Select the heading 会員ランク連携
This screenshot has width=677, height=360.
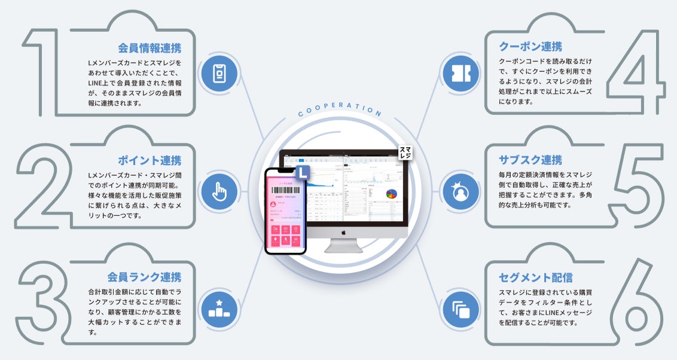[144, 277]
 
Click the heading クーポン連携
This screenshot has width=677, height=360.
[530, 46]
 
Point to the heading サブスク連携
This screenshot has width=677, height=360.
[530, 160]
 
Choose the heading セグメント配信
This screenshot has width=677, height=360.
[535, 277]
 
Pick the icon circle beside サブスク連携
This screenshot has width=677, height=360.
[458, 192]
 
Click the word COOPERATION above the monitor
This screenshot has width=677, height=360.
[339, 109]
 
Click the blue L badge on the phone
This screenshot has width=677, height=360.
[304, 172]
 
